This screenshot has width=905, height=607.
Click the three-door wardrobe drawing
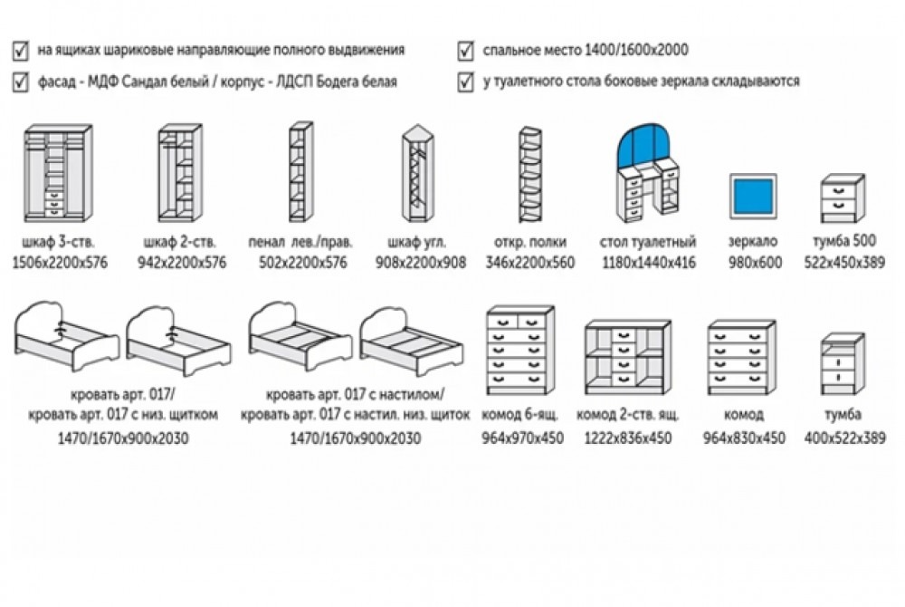(x=55, y=174)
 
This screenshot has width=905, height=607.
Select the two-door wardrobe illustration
(x=177, y=174)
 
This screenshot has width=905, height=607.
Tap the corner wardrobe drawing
(x=419, y=174)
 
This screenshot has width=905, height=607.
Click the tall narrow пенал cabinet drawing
(x=299, y=174)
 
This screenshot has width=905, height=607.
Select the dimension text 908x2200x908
(x=421, y=263)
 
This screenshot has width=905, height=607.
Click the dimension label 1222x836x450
(x=624, y=438)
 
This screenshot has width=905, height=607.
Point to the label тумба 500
(x=843, y=243)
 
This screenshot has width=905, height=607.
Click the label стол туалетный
(x=647, y=243)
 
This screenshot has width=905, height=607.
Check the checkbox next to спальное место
(x=466, y=50)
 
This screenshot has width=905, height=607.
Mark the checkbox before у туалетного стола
(x=466, y=81)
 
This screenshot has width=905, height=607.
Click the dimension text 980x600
(x=753, y=263)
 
